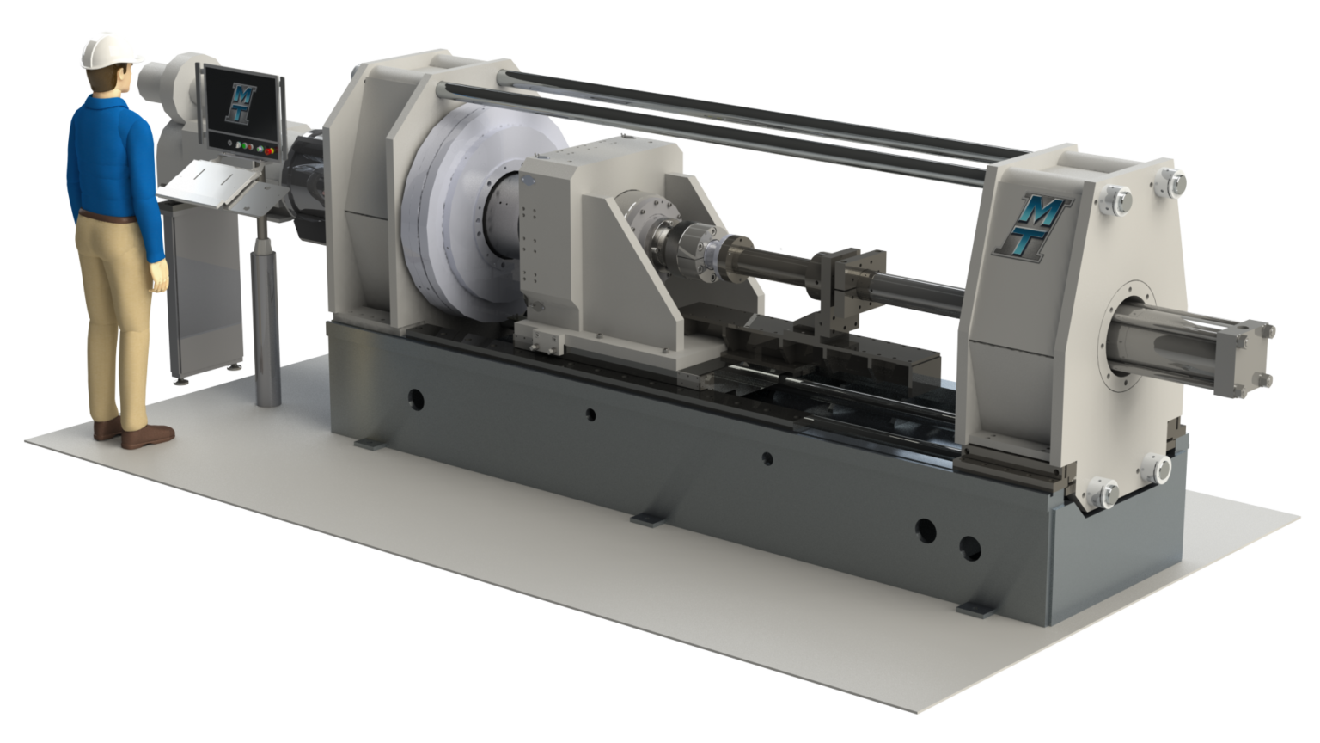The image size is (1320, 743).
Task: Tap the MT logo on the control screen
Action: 241,103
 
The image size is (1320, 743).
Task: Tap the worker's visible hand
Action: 159,276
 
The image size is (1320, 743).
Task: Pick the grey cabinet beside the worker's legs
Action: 204,289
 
